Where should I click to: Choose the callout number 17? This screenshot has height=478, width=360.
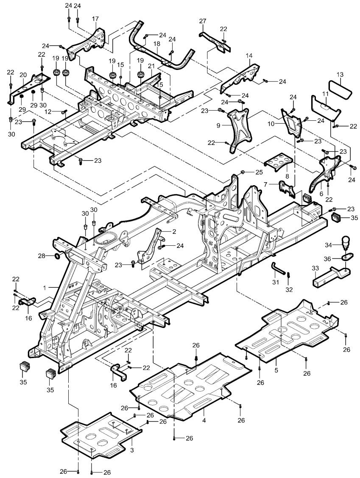[95, 19]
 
